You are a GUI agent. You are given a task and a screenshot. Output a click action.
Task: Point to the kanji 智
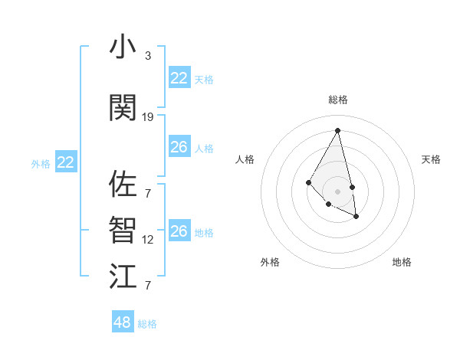[x=123, y=230]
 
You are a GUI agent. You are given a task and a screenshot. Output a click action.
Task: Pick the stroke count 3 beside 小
[x=148, y=56]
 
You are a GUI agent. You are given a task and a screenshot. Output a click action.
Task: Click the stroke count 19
[x=148, y=117]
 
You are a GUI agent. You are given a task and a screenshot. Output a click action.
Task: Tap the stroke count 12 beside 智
[x=148, y=240]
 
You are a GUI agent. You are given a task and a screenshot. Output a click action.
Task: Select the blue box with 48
[x=123, y=322]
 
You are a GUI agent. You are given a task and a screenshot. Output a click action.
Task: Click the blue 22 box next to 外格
[x=66, y=162]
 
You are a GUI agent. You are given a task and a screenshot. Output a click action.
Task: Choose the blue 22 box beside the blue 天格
[x=179, y=78]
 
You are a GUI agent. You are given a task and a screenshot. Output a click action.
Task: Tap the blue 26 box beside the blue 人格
[x=179, y=147]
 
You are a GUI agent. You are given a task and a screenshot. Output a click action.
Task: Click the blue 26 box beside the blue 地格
[x=179, y=231]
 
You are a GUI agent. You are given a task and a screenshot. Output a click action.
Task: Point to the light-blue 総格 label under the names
[x=147, y=324]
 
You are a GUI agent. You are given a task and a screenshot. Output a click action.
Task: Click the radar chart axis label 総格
[x=338, y=100]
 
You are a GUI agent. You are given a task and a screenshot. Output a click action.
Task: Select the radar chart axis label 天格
[x=431, y=159]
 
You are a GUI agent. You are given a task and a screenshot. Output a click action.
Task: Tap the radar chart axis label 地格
[x=402, y=262]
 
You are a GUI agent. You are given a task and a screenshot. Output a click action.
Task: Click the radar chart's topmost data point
[x=338, y=130]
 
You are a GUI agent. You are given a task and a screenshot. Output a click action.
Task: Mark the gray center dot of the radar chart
[x=338, y=191]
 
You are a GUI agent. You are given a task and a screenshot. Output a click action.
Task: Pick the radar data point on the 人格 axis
[x=309, y=182]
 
